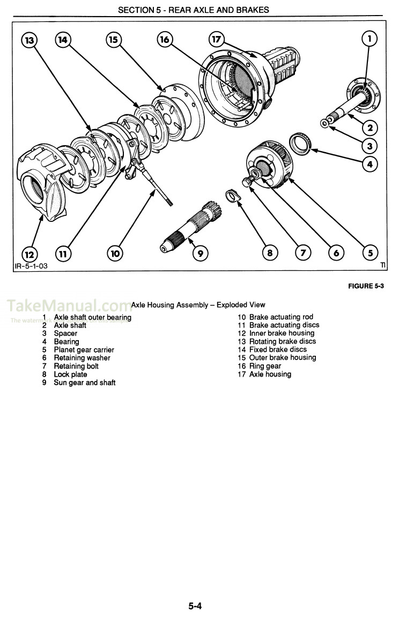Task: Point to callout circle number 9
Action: click(x=199, y=253)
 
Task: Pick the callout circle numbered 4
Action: click(x=370, y=164)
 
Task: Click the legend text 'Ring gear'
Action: click(x=265, y=366)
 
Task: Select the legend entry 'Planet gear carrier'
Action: click(x=84, y=350)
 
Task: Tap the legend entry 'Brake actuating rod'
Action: click(x=281, y=317)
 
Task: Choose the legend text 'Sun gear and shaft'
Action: click(x=84, y=383)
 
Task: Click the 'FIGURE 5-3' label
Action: click(x=366, y=286)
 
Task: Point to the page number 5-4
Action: click(x=195, y=607)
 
